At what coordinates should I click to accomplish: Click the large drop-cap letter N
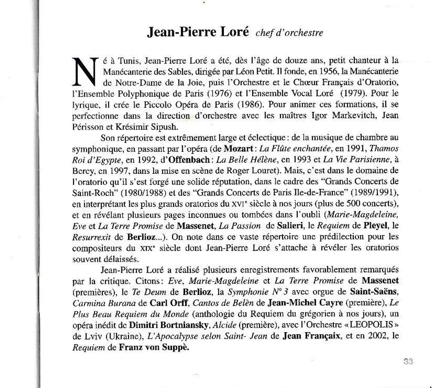[85, 71]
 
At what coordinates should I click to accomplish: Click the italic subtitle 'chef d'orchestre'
[289, 33]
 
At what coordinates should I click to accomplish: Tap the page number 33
[408, 361]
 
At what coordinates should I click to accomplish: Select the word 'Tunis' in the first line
[128, 60]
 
